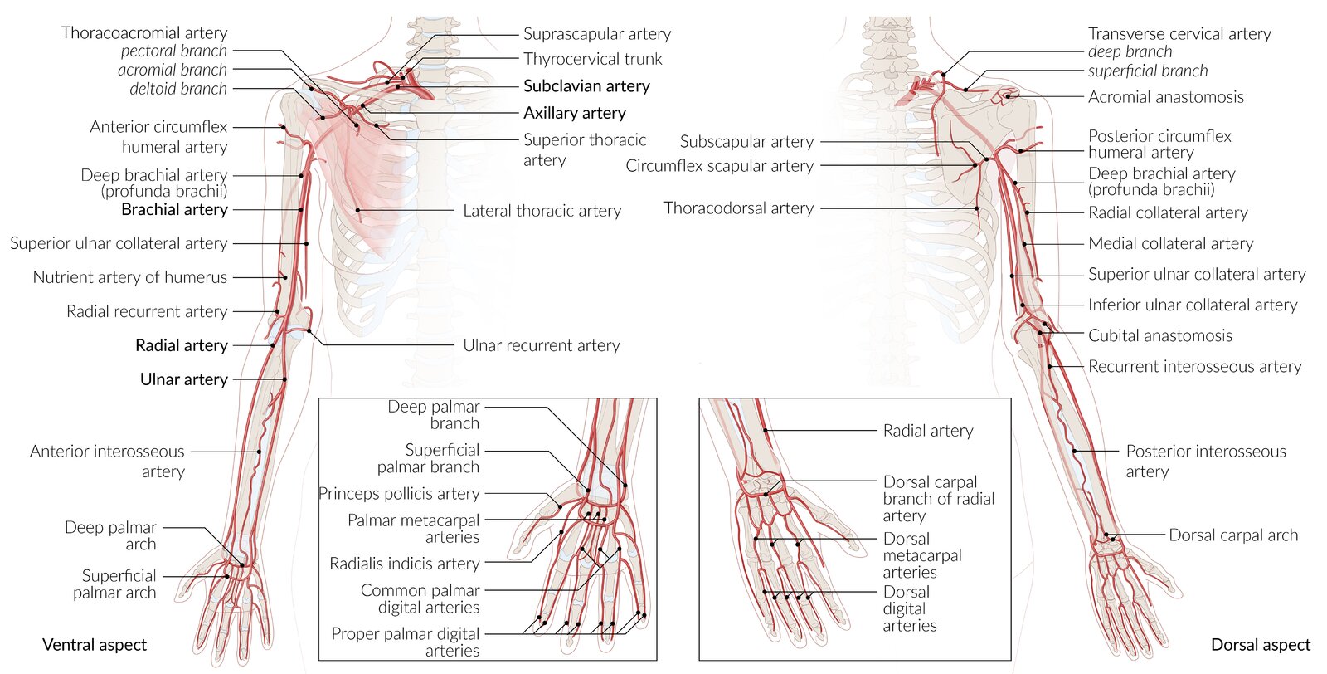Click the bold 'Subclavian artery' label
pyautogui.click(x=586, y=86)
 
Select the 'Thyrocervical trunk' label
pyautogui.click(x=592, y=59)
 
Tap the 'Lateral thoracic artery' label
pyautogui.click(x=542, y=211)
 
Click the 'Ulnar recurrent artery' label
pyautogui.click(x=541, y=345)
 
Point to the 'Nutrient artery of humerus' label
pyautogui.click(x=130, y=277)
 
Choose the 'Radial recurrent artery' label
pyautogui.click(x=147, y=311)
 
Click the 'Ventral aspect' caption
pyautogui.click(x=95, y=645)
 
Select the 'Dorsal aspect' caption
pyautogui.click(x=1261, y=645)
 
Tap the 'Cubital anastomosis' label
pyautogui.click(x=1159, y=335)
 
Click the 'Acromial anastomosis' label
pyautogui.click(x=1165, y=97)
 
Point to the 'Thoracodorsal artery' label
pyautogui.click(x=738, y=208)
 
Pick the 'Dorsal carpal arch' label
pyautogui.click(x=1232, y=535)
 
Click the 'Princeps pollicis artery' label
pyautogui.click(x=399, y=494)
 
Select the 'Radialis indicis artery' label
pyautogui.click(x=404, y=564)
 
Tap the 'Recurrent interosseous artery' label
pyautogui.click(x=1194, y=366)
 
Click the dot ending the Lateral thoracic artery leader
pyautogui.click(x=358, y=210)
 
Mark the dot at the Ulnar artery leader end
pyautogui.click(x=284, y=379)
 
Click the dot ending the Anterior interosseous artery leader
pyautogui.click(x=259, y=452)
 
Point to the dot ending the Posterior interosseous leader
pyautogui.click(x=1075, y=452)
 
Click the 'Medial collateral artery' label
pyautogui.click(x=1170, y=243)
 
